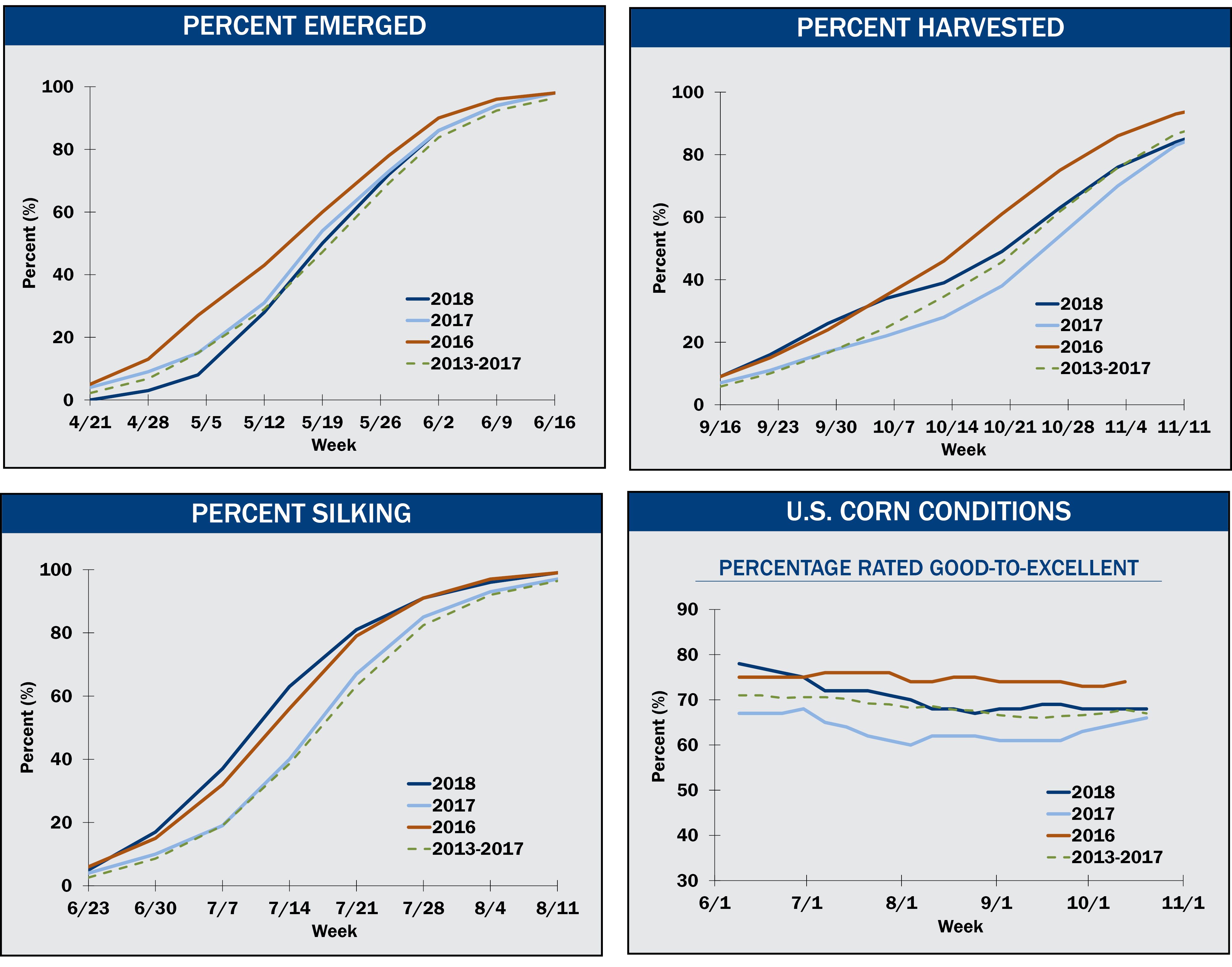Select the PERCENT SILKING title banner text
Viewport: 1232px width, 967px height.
(x=301, y=513)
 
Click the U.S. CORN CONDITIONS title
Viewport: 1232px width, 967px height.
(x=928, y=511)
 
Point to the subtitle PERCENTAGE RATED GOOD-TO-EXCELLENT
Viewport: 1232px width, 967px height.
(x=928, y=568)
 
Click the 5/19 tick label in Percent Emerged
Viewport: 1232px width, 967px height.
(x=322, y=422)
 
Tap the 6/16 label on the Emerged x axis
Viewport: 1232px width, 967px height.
(x=554, y=422)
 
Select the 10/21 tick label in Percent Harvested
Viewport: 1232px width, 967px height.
(x=1009, y=427)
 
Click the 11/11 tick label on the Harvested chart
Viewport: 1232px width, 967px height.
(x=1183, y=427)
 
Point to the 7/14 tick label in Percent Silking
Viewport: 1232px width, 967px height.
(x=289, y=908)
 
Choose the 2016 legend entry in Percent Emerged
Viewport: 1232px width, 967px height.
(x=452, y=342)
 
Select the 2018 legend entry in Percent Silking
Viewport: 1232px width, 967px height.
(x=454, y=784)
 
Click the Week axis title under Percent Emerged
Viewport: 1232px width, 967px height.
(x=334, y=445)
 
